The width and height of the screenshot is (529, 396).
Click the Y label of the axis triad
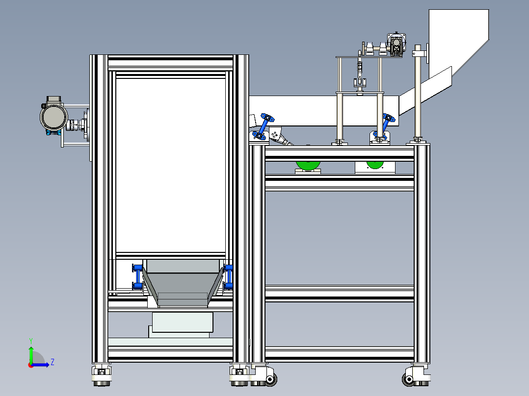31,341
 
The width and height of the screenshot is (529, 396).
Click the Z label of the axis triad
53,362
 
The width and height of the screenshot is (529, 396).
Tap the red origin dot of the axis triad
31,365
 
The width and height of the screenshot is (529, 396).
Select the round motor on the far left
53,116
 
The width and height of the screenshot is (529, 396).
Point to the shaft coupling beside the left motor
74,125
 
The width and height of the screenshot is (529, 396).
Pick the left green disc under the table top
308,165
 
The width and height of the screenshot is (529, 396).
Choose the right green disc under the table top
375,165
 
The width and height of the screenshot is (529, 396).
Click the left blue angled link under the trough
263,127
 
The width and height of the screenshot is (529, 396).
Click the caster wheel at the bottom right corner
409,379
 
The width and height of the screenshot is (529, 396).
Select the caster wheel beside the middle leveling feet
270,379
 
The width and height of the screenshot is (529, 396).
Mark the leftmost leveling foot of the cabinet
101,376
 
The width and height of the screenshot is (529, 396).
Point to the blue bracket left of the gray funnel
137,277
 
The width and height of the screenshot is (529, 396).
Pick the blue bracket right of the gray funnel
228,277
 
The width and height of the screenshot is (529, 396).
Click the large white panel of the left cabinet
170,165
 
